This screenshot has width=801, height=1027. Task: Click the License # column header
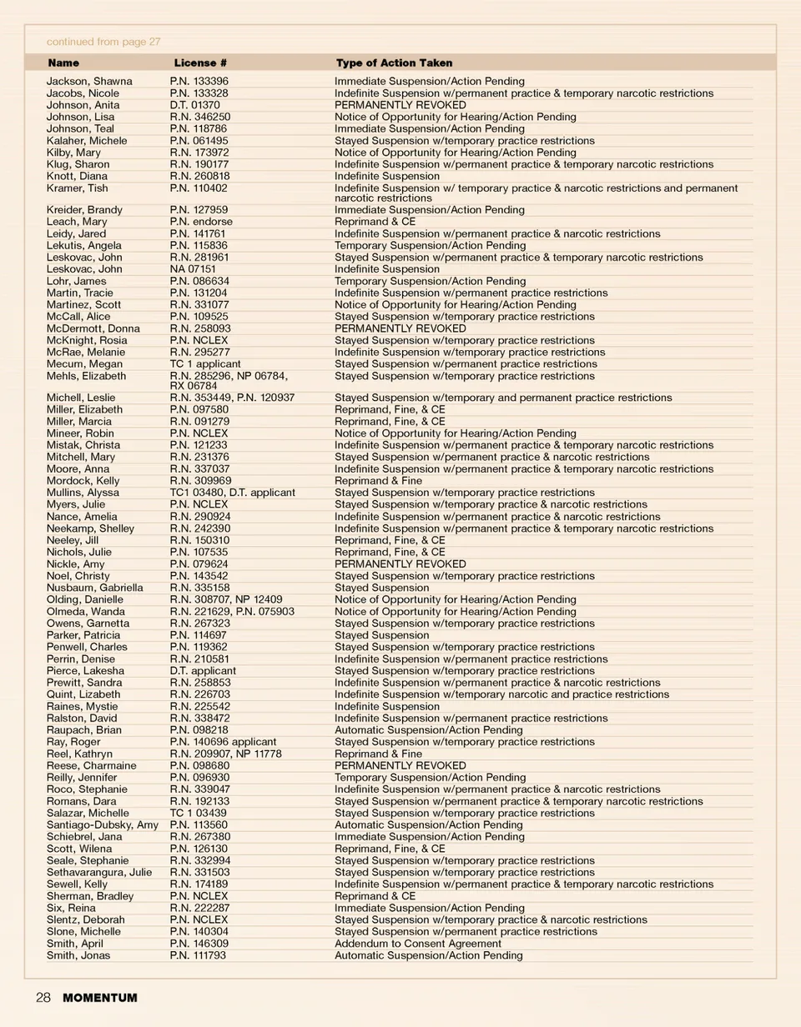200,63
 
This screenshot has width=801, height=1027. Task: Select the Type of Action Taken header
394,63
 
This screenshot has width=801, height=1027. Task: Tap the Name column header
63,63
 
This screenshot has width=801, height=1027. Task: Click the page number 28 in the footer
43,998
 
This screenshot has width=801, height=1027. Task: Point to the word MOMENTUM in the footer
100,998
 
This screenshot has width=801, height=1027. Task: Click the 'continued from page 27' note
103,42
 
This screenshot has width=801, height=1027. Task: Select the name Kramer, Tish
77,188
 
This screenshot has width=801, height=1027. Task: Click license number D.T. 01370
194,105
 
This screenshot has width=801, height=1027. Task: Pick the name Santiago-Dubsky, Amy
102,825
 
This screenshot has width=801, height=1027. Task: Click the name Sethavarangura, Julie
99,873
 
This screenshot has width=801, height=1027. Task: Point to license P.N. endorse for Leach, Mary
201,222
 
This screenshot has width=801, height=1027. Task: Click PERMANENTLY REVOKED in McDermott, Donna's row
400,328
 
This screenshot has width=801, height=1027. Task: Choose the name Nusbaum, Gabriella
94,588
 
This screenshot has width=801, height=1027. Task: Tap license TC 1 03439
198,813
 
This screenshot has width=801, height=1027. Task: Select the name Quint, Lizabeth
83,694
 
